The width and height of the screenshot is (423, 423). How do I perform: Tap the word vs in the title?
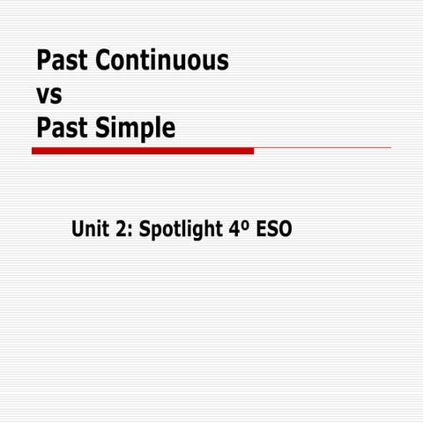pyautogui.click(x=49, y=94)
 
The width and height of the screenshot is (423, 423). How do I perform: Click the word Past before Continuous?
pyautogui.click(x=63, y=61)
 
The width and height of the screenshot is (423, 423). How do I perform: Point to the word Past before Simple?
pyautogui.click(x=63, y=128)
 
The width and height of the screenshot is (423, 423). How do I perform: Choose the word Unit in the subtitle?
pyautogui.click(x=90, y=230)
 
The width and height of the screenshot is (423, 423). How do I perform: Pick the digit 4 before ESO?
pyautogui.click(x=233, y=231)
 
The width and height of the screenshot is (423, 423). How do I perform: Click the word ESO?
pyautogui.click(x=274, y=231)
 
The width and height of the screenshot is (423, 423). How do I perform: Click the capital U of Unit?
pyautogui.click(x=78, y=231)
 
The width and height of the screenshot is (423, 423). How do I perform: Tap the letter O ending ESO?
pyautogui.click(x=285, y=231)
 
